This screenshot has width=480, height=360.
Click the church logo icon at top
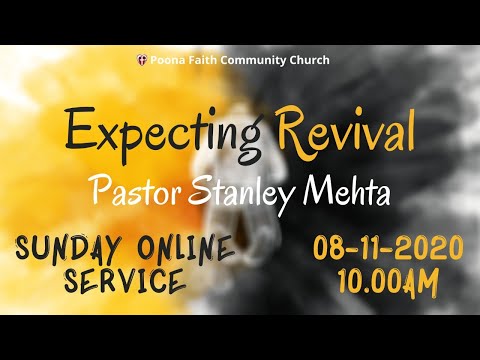(140, 61)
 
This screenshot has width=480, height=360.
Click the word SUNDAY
(71, 246)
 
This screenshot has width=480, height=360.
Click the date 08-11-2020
(387, 248)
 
